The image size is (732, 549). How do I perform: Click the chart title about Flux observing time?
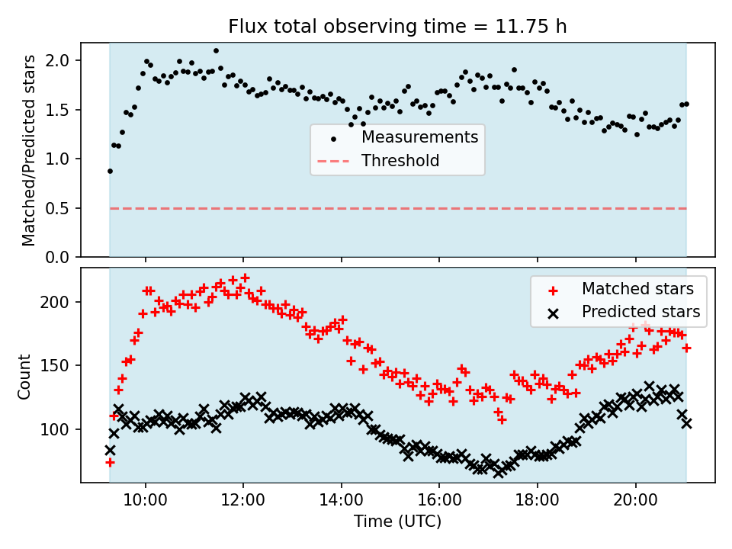point(397,27)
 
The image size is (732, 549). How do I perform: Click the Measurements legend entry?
point(419,137)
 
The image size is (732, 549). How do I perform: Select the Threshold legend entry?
point(400,161)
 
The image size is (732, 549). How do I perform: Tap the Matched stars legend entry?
point(637,289)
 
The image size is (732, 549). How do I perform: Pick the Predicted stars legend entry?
point(640,311)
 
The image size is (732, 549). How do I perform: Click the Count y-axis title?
point(25,376)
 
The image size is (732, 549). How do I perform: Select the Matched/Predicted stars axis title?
point(29,150)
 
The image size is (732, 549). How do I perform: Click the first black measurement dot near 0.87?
point(110,171)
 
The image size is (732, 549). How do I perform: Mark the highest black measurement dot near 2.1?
point(216,50)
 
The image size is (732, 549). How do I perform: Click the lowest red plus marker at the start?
point(110,462)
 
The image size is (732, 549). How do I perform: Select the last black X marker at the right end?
point(686,423)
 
